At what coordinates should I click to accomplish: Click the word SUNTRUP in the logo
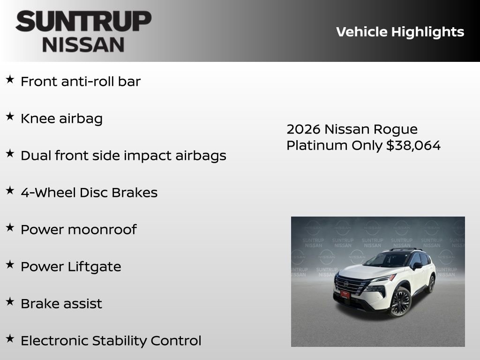click(x=83, y=22)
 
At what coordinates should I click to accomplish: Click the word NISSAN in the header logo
click(x=83, y=45)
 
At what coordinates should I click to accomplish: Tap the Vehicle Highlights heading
click(x=400, y=32)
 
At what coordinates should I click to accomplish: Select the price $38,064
click(x=413, y=145)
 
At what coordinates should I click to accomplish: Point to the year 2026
click(x=303, y=129)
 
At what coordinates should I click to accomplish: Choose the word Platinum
click(x=317, y=145)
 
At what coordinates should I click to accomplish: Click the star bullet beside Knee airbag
click(x=10, y=117)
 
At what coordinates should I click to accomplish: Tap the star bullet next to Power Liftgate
click(x=10, y=265)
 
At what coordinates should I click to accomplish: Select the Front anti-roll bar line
click(x=81, y=81)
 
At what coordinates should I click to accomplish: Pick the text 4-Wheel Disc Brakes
click(x=89, y=192)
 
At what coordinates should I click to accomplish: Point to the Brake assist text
click(x=61, y=303)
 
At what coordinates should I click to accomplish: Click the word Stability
click(x=119, y=340)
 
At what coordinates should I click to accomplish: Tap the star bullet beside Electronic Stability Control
click(x=10, y=339)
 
